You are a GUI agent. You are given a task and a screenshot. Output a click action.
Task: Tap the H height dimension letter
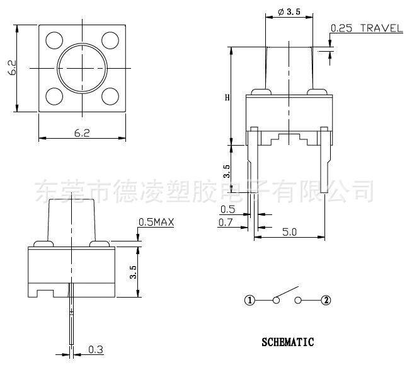pos(227,98)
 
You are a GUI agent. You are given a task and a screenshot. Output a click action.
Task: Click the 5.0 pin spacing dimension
pos(289,232)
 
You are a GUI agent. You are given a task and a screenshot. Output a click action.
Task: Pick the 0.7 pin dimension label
pos(226,222)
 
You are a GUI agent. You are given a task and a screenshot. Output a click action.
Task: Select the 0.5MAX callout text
pos(156,223)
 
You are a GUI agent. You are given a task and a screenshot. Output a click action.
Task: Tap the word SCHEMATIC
pos(287,342)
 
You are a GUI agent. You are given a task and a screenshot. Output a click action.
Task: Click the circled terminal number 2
pos(326,300)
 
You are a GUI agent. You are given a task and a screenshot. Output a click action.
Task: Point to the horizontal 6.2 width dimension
pos(82,133)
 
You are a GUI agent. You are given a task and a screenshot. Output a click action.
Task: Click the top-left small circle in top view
pos(54,40)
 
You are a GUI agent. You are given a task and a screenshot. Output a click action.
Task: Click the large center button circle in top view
pos(82,68)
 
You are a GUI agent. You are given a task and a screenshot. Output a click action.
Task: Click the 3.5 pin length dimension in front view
pos(227,170)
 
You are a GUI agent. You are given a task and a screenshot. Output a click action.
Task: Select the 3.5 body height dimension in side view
pos(132,272)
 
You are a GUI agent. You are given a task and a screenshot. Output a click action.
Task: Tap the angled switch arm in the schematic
pos(287,293)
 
